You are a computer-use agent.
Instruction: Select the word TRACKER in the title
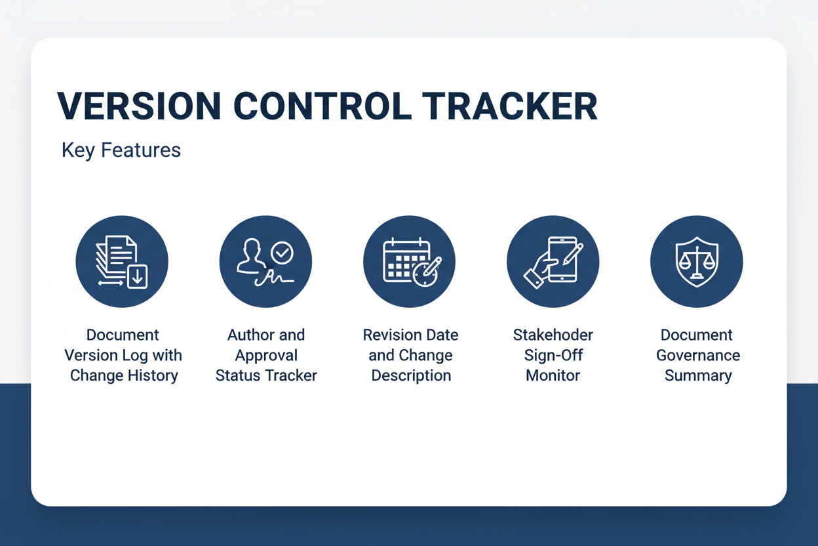point(510,106)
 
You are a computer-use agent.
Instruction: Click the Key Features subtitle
point(121,150)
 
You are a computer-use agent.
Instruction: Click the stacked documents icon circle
point(122,261)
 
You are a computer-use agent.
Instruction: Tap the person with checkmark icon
point(265,261)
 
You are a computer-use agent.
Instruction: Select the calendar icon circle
point(409,261)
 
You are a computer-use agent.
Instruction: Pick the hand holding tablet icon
point(553,261)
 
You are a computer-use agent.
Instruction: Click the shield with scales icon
point(696,261)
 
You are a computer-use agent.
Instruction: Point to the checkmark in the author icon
point(282,252)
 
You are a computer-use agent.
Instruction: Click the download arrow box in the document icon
point(137,277)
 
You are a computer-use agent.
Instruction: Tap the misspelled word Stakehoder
point(553,335)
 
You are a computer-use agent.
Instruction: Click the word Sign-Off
point(553,355)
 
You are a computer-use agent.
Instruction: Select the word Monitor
point(553,376)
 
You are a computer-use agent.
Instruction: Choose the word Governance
point(698,355)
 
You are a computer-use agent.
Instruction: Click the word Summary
point(698,376)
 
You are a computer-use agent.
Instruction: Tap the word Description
point(411,376)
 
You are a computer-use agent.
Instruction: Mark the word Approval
point(266,355)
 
